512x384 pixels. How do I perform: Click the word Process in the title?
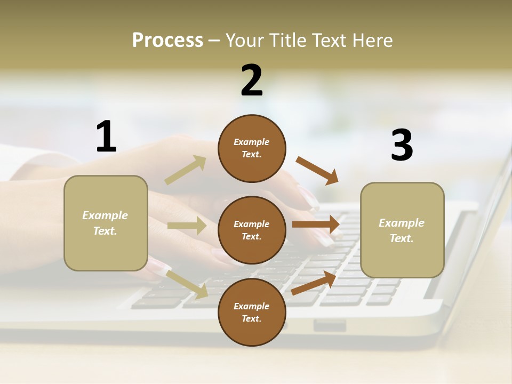click(x=167, y=41)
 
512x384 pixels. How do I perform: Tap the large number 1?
click(x=106, y=137)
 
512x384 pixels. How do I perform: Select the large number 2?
click(x=252, y=81)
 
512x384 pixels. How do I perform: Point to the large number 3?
click(x=402, y=145)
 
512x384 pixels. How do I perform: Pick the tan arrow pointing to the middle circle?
click(x=187, y=226)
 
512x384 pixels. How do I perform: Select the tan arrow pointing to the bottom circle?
click(x=187, y=284)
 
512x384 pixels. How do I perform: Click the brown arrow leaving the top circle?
click(x=317, y=171)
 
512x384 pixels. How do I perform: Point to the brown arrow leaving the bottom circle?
click(x=314, y=283)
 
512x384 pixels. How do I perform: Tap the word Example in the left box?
click(x=105, y=215)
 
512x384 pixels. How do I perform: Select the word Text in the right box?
click(x=401, y=238)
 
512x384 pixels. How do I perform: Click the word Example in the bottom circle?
click(x=251, y=306)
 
